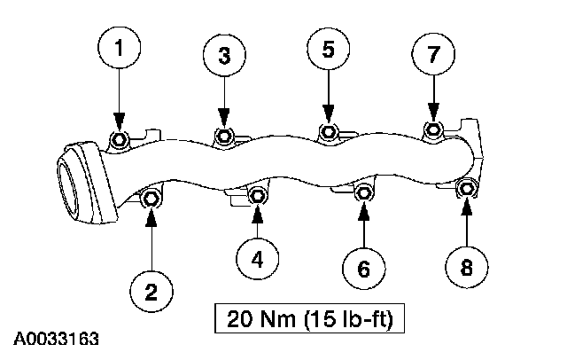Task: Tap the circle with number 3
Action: click(224, 55)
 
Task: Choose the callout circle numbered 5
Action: click(328, 50)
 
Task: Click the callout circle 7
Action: click(433, 55)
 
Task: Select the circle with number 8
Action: click(466, 263)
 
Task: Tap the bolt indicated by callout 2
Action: click(151, 199)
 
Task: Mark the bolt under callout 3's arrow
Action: click(224, 136)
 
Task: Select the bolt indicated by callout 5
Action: click(328, 133)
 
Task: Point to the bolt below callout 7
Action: click(433, 131)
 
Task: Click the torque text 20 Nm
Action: click(262, 317)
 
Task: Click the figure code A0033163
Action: click(56, 340)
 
